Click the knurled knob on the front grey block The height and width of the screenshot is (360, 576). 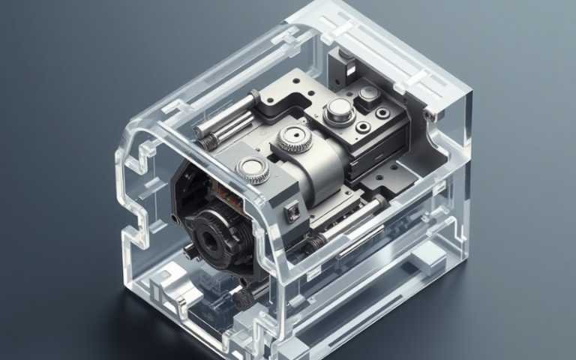pyautogui.click(x=253, y=170)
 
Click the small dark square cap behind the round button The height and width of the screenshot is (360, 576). pyautogui.click(x=368, y=94)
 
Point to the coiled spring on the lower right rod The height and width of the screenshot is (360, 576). pyautogui.click(x=318, y=241)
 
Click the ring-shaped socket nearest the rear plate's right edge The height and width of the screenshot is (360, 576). pyautogui.click(x=383, y=113)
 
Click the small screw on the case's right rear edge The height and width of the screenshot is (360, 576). pyautogui.click(x=428, y=115)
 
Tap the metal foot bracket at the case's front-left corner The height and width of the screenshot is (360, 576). pyautogui.click(x=166, y=288)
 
